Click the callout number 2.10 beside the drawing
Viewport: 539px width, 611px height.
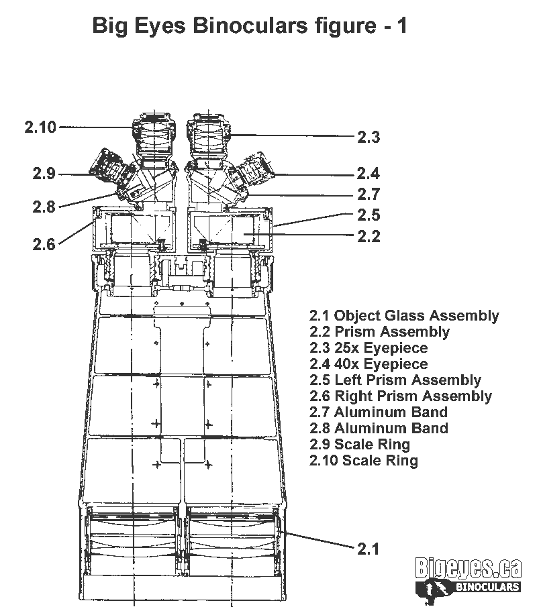point(40,127)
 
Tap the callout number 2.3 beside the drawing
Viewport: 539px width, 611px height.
point(369,137)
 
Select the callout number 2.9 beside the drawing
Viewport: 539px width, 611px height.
point(44,174)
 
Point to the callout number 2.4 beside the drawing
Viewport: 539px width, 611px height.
point(369,174)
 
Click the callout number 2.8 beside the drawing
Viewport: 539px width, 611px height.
point(44,207)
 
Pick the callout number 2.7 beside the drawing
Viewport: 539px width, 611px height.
point(369,194)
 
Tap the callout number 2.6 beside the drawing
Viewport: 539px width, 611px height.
point(44,244)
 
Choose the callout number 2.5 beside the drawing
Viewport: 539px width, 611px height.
point(369,215)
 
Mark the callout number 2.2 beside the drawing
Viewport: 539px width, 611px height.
point(369,236)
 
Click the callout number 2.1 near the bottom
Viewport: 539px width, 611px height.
point(369,549)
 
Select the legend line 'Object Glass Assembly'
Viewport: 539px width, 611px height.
point(404,316)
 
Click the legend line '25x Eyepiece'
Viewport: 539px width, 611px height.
point(369,347)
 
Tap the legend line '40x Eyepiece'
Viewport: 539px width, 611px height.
point(369,364)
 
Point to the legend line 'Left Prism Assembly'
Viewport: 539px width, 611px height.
point(395,380)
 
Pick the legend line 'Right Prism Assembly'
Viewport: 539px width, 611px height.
point(401,396)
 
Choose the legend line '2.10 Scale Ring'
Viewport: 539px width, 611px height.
point(364,460)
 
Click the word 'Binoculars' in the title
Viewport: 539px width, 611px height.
point(250,25)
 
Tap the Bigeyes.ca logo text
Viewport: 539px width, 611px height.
point(468,568)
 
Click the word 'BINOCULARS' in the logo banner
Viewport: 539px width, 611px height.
point(487,587)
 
